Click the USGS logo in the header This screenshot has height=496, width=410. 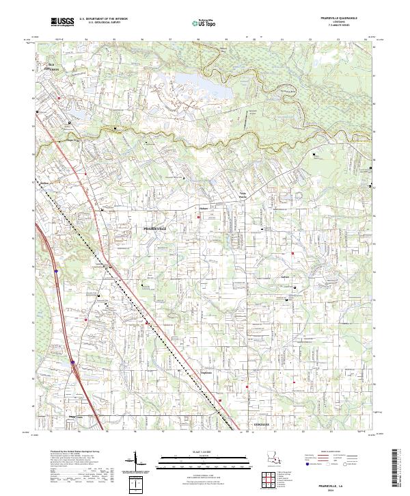coord(63,23)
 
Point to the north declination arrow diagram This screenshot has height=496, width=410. coord(141,462)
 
